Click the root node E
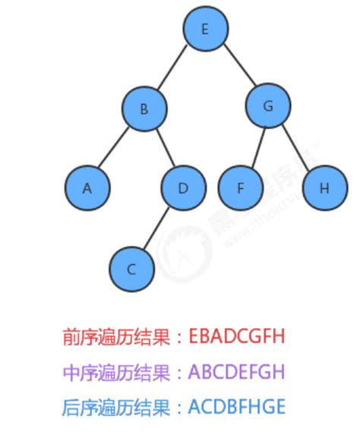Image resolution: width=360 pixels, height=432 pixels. tap(205, 30)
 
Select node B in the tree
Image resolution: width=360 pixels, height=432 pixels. tap(144, 109)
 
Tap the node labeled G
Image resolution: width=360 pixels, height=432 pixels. tap(267, 106)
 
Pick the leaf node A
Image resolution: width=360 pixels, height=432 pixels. tap(87, 188)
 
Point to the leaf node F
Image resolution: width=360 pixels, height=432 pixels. tap(240, 188)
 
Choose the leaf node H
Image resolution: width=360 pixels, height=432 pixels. tap(324, 188)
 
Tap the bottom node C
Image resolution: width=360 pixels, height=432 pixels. tap(131, 268)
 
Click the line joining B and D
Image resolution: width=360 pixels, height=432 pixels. tap(163, 148)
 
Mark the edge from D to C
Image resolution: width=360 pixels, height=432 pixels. tap(157, 228)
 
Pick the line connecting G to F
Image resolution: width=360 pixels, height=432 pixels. tap(254, 147)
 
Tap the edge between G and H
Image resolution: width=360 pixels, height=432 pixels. tap(295, 147)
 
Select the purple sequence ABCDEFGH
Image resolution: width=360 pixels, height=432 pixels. tap(237, 373)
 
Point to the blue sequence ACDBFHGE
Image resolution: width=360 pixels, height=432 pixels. tap(237, 407)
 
